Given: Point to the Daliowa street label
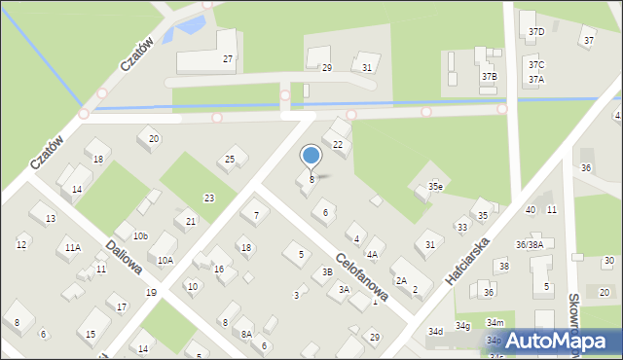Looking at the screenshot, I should click(x=125, y=259).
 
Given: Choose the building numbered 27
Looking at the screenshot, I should click(x=228, y=59).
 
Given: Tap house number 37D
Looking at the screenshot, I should click(x=536, y=32).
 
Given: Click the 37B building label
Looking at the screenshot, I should click(x=489, y=76).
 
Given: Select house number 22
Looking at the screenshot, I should click(x=338, y=145).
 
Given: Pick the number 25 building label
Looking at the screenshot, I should click(x=230, y=160).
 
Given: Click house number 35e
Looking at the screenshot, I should click(x=435, y=187).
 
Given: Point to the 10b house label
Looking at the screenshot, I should click(x=140, y=235).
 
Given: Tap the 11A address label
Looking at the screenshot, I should click(x=73, y=248).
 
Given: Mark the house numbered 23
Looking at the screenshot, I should click(x=208, y=198).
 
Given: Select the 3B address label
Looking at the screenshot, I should click(x=328, y=272).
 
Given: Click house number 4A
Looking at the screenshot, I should click(x=372, y=254).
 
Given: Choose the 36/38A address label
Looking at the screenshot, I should click(x=530, y=245).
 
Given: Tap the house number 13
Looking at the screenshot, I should click(x=50, y=219).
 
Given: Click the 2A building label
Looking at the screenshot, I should click(x=401, y=280).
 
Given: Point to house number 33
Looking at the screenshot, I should click(x=461, y=227).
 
